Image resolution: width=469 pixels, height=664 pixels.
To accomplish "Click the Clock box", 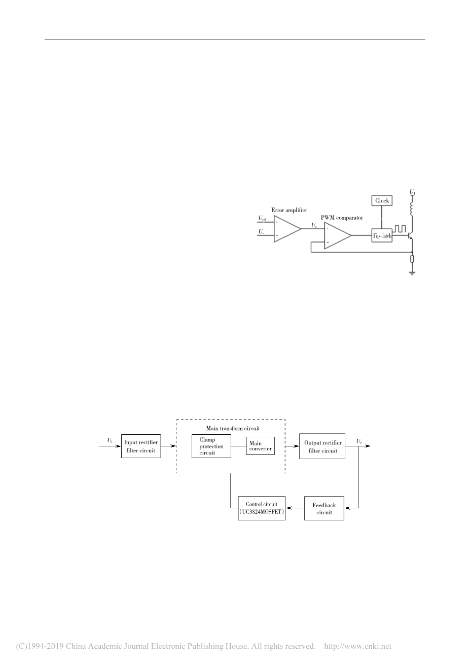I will (382, 201).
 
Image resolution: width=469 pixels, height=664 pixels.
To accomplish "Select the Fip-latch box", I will (382, 235).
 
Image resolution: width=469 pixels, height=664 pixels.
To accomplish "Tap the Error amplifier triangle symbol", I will (286, 229).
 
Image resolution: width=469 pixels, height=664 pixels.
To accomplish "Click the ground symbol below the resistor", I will (412, 273).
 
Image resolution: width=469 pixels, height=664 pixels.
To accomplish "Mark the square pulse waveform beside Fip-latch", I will (400, 229).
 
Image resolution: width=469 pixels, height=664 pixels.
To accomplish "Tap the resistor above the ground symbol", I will (412, 259).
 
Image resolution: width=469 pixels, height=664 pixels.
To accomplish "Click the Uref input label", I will (262, 219).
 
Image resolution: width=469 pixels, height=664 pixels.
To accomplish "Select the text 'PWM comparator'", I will (342, 218).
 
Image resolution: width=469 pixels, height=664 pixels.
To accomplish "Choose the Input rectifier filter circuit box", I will (141, 446).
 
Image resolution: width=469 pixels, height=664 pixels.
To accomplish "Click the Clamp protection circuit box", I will (211, 446).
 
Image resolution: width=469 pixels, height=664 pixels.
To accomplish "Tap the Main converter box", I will (260, 446).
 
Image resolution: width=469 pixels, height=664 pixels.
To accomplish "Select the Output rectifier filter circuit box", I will (322, 446).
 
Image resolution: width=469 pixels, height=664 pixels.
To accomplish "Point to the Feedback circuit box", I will (324, 508).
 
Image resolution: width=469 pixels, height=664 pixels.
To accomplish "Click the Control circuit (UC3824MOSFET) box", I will (262, 508).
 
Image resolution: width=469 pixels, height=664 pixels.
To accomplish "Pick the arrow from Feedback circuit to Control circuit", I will (295, 508).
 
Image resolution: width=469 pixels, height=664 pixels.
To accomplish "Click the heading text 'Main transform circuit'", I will (229, 428).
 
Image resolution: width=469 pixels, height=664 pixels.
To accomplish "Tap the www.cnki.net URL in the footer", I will (357, 646).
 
